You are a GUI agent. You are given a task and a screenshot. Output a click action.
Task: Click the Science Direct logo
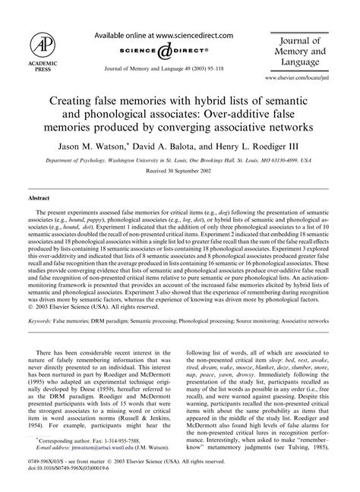pyautogui.click(x=160, y=51)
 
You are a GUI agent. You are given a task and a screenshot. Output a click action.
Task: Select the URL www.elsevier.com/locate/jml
pyautogui.click(x=313, y=77)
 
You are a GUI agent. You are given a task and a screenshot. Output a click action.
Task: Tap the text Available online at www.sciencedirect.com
pyautogui.click(x=160, y=35)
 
